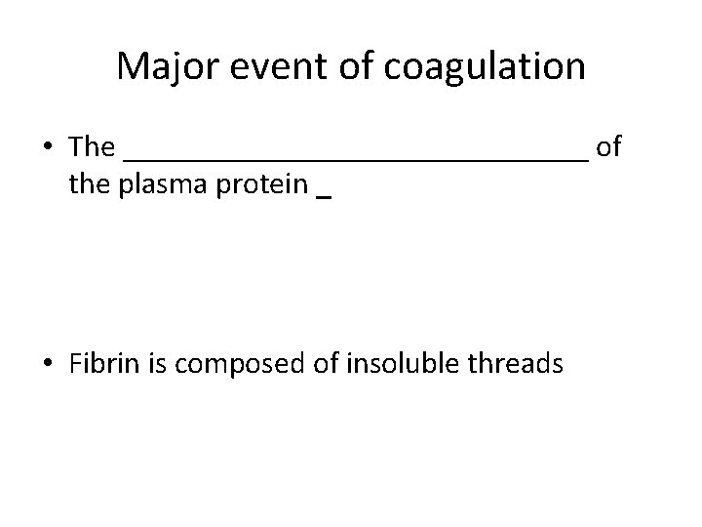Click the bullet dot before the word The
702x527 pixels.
pyautogui.click(x=48, y=147)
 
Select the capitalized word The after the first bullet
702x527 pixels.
pyautogui.click(x=93, y=147)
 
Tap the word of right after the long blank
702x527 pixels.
pyautogui.click(x=608, y=147)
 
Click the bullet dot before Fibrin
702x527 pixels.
pyautogui.click(x=48, y=365)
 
